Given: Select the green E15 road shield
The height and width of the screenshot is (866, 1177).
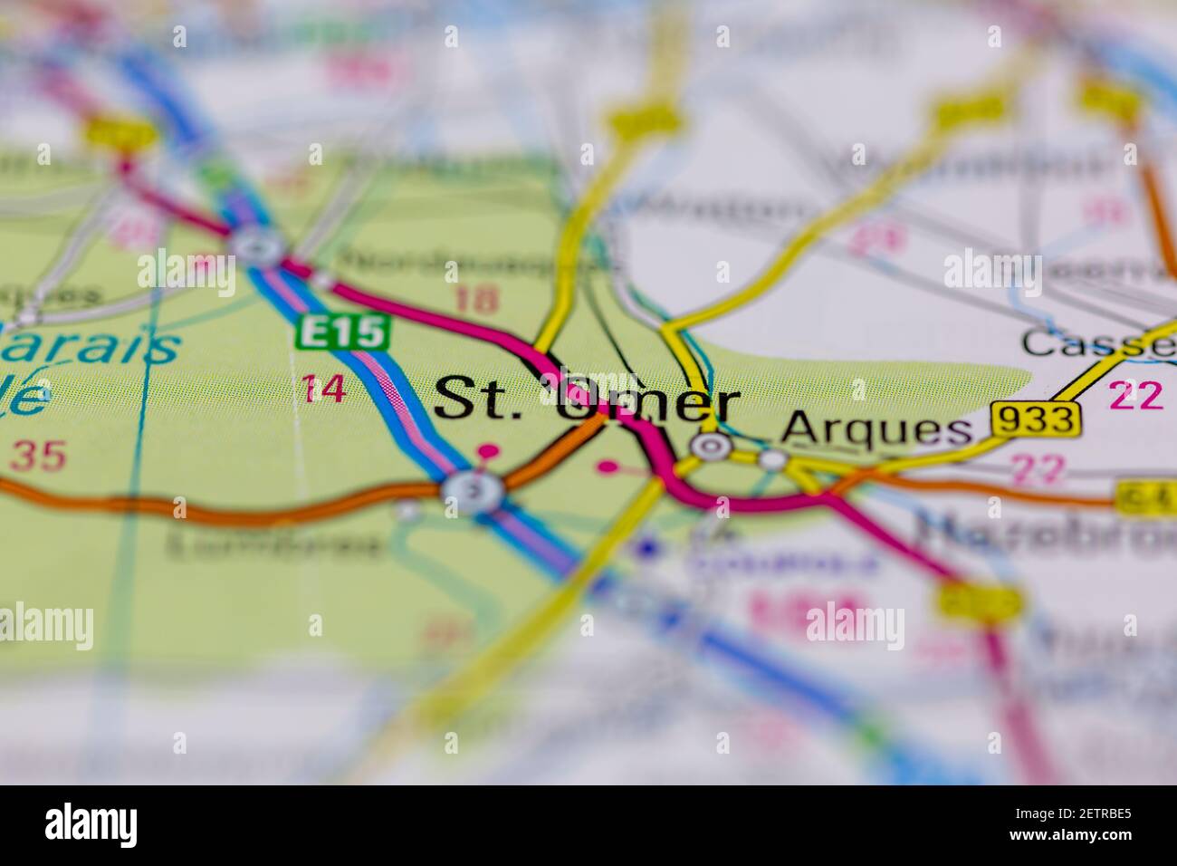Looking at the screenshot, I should point(343,333).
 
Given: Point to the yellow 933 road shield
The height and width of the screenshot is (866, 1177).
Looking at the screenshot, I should point(1037,419).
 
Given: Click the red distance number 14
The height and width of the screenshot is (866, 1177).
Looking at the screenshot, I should point(324,390).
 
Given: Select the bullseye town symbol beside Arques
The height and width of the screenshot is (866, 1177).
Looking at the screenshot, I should point(711,445).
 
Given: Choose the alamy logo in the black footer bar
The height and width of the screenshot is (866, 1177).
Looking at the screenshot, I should point(91,825).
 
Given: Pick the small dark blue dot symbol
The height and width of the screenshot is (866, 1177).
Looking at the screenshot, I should point(646,548).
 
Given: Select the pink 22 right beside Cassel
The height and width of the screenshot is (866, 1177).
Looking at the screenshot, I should point(1136,396).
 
